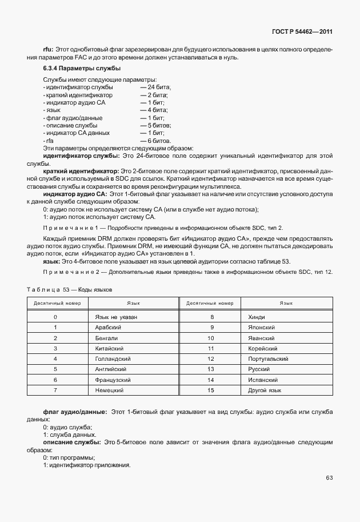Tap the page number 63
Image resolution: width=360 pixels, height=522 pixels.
[x=329, y=478]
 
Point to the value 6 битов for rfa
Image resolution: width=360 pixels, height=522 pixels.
[x=155, y=141]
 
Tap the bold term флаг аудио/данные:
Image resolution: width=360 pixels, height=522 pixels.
[x=75, y=412]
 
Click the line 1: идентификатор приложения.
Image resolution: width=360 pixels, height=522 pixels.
[x=87, y=464]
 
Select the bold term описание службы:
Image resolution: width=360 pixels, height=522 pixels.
[x=71, y=443]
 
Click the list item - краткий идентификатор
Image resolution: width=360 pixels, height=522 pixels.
[x=78, y=94]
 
